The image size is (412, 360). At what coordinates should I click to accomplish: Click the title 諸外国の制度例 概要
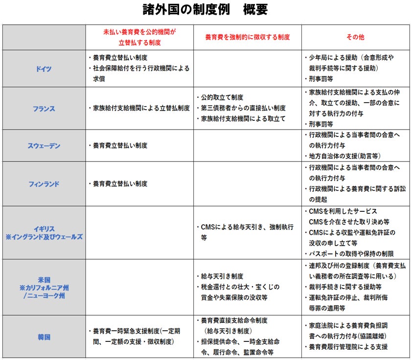(x=205, y=10)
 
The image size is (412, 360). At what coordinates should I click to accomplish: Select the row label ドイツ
(x=44, y=68)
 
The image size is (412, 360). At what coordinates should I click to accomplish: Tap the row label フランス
(x=44, y=108)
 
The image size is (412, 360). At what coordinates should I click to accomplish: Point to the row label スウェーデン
(x=44, y=146)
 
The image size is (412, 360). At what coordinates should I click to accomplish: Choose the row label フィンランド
(x=44, y=184)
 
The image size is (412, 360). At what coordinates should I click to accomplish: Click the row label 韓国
(x=44, y=337)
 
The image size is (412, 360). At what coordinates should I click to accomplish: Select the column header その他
(x=355, y=37)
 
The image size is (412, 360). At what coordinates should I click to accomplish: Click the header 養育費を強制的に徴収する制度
(x=247, y=37)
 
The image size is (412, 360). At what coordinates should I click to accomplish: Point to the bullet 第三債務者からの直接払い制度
(x=243, y=108)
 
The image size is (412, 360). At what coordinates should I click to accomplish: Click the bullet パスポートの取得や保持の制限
(x=351, y=254)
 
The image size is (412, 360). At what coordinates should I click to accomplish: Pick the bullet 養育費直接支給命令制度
(x=234, y=321)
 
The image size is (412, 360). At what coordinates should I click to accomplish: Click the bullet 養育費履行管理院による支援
(x=348, y=347)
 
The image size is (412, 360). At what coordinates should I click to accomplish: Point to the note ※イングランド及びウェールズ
(x=44, y=237)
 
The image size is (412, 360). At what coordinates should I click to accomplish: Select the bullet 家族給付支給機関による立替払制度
(x=138, y=108)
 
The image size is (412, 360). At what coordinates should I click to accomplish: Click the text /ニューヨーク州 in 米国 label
(x=44, y=296)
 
